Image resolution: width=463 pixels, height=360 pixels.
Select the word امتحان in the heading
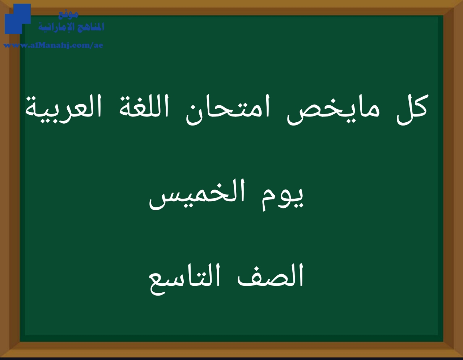click(228, 110)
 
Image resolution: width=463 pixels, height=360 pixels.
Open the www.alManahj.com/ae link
click(53, 45)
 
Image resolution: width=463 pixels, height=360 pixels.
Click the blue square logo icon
click(18, 19)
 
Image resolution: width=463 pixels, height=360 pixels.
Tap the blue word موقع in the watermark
click(68, 14)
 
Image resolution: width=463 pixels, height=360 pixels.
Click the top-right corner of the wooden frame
click(463, 0)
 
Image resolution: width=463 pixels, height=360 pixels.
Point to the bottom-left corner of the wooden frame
click(0, 357)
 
